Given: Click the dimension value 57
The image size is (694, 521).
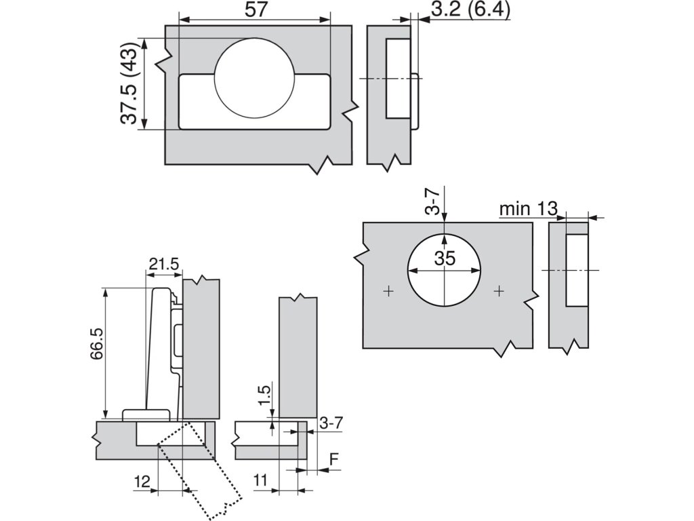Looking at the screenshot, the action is tap(256, 9).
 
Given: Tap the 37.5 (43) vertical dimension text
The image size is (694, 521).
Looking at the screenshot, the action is tap(130, 83).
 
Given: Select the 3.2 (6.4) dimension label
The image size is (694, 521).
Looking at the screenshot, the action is tap(470, 9).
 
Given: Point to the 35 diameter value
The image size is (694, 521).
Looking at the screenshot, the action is tap(445, 258).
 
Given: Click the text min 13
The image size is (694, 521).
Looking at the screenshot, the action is tap(529, 208).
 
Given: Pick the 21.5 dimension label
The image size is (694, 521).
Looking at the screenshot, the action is tap(164, 264).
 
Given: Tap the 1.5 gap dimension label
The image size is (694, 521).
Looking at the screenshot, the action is tap(264, 395).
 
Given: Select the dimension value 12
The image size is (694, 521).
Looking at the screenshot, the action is tap(142, 481).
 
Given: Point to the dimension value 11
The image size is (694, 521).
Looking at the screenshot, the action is tap(261, 480).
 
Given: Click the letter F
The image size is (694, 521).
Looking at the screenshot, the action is tap(333, 459).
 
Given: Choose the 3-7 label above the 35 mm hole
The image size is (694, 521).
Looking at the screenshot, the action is tap(432, 201).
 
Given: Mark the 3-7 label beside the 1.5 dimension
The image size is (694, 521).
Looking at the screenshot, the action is tap(331, 423).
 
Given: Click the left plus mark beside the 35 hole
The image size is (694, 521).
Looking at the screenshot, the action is tap(388, 291).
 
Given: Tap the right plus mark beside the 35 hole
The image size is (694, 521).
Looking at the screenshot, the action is tap(499, 291).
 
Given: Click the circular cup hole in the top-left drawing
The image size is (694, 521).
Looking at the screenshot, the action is tap(255, 77).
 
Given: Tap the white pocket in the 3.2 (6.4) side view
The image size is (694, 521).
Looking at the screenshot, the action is tap(397, 79).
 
